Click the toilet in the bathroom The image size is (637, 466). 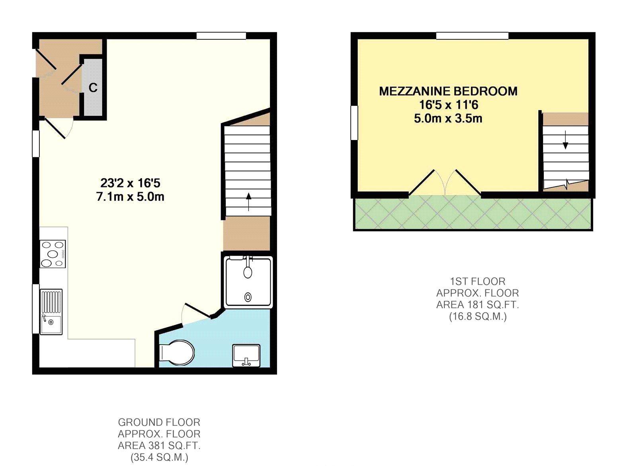pyautogui.click(x=177, y=352)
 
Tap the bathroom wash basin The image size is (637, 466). pyautogui.click(x=246, y=355)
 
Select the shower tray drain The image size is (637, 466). pyautogui.click(x=248, y=297)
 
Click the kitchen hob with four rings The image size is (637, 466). pyautogui.click(x=53, y=254)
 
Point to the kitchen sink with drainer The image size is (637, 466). pyautogui.click(x=51, y=312)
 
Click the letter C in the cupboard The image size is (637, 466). pyautogui.click(x=93, y=88)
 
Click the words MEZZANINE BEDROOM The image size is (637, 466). pyautogui.click(x=448, y=91)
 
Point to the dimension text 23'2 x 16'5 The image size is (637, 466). pyautogui.click(x=130, y=183)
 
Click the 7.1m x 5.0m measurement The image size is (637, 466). pyautogui.click(x=130, y=197)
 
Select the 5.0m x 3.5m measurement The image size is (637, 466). pyautogui.click(x=448, y=119)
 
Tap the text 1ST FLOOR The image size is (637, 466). pyautogui.click(x=477, y=281)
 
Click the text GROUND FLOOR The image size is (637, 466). pyautogui.click(x=159, y=422)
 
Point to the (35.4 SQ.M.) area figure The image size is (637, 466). pyautogui.click(x=159, y=457)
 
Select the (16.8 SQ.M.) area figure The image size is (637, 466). pyautogui.click(x=477, y=316)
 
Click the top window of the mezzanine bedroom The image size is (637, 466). pyautogui.click(x=472, y=36)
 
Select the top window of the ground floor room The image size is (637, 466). pyautogui.click(x=221, y=36)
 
